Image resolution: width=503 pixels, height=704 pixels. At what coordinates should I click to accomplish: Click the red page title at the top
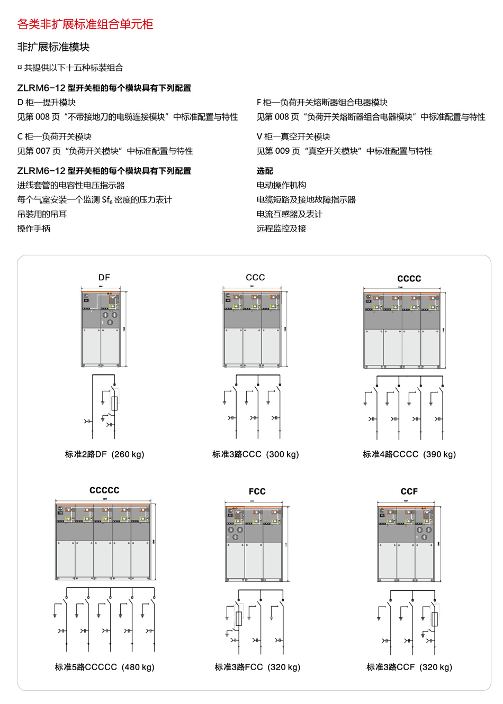click(x=85, y=24)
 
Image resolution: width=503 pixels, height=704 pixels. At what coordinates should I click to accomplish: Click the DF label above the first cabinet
click(x=104, y=277)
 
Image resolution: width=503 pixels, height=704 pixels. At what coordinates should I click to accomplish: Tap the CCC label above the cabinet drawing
click(x=255, y=277)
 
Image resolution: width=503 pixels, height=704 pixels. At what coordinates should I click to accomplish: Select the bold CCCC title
click(x=409, y=279)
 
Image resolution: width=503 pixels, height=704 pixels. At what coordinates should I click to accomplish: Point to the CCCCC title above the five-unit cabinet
click(x=104, y=490)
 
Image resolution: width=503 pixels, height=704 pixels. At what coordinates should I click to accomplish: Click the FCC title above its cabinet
click(x=257, y=491)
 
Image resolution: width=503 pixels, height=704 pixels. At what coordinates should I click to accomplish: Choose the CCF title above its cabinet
click(x=409, y=491)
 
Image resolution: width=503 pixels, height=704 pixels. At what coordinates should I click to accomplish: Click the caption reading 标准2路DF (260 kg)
click(x=105, y=454)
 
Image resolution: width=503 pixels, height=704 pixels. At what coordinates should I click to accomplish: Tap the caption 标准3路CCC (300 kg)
click(x=255, y=454)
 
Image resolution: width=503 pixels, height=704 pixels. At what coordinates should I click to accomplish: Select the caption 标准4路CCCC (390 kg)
click(x=409, y=454)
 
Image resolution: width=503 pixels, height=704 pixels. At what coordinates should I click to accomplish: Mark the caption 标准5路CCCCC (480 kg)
click(x=105, y=667)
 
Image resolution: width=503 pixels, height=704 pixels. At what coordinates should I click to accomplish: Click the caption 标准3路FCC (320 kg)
click(x=257, y=667)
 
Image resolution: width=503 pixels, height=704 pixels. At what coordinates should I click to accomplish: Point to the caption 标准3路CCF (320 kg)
click(x=409, y=667)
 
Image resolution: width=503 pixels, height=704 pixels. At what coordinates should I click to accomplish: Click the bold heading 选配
click(x=265, y=171)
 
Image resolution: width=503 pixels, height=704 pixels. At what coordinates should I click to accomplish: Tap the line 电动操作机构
click(x=281, y=185)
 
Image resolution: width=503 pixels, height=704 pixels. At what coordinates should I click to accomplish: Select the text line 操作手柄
click(x=34, y=228)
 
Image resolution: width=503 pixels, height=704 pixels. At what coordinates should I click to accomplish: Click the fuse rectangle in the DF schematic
click(x=114, y=404)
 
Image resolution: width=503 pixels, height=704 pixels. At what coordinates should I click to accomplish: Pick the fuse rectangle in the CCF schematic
click(x=435, y=619)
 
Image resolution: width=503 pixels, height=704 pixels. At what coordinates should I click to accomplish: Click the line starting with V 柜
click(x=293, y=136)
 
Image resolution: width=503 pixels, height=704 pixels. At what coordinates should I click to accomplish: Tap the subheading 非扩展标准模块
click(x=53, y=47)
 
